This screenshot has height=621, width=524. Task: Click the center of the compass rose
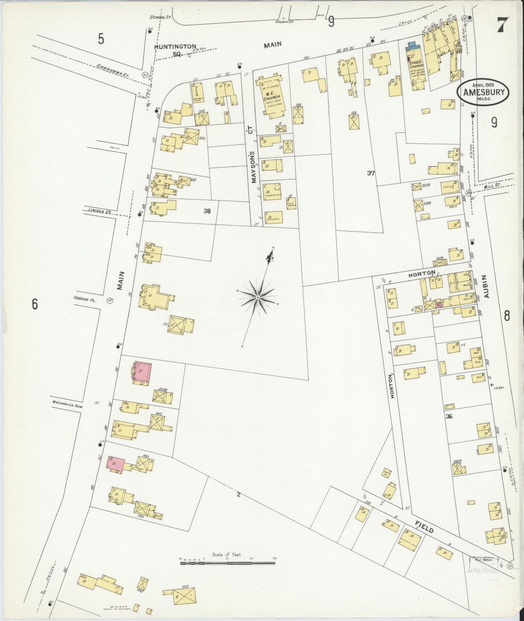(x=257, y=297)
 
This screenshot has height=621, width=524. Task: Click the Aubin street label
(x=487, y=286)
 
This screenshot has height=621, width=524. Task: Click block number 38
(x=207, y=211)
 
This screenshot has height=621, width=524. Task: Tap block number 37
(x=370, y=173)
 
